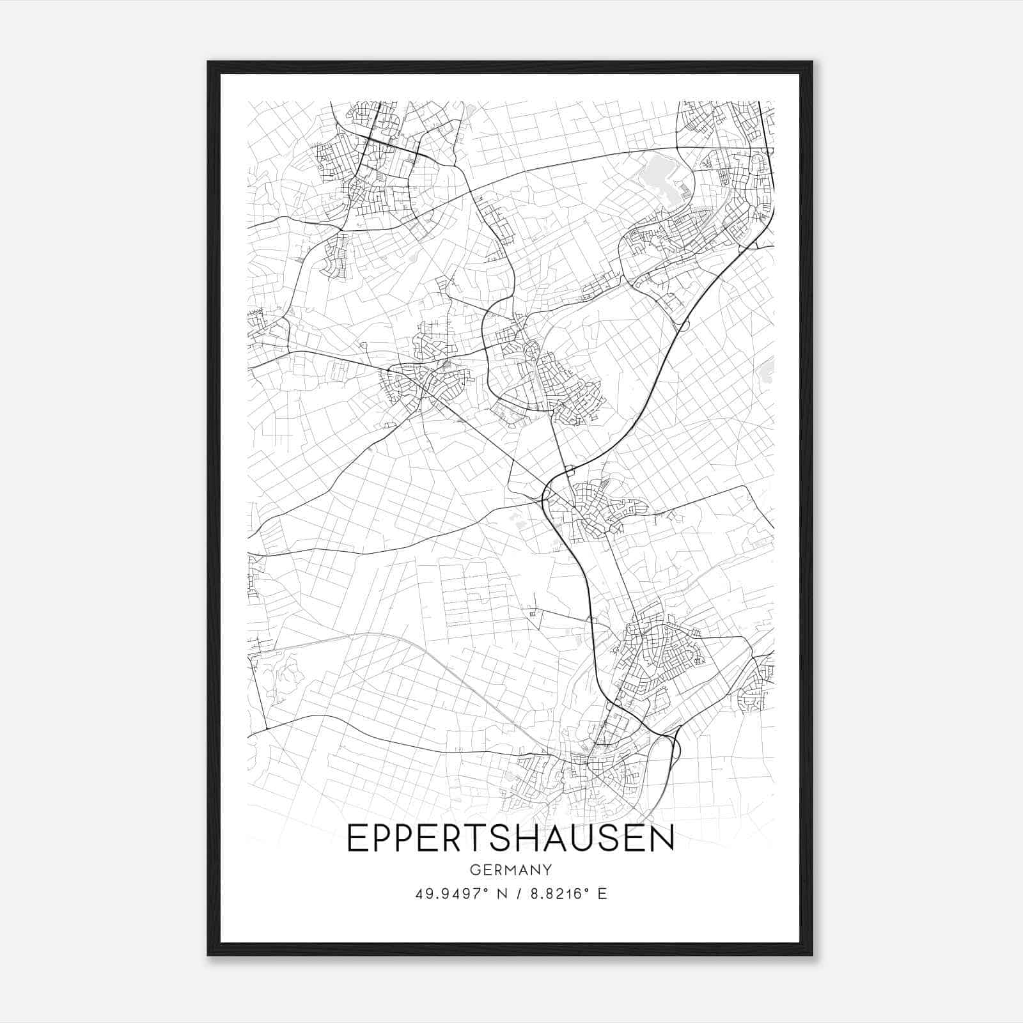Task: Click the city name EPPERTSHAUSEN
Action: click(510, 838)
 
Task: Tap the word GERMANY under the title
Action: click(510, 870)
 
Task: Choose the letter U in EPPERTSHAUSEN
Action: click(583, 838)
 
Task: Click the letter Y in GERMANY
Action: click(547, 870)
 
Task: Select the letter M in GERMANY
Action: click(510, 870)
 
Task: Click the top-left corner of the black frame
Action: click(208, 62)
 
